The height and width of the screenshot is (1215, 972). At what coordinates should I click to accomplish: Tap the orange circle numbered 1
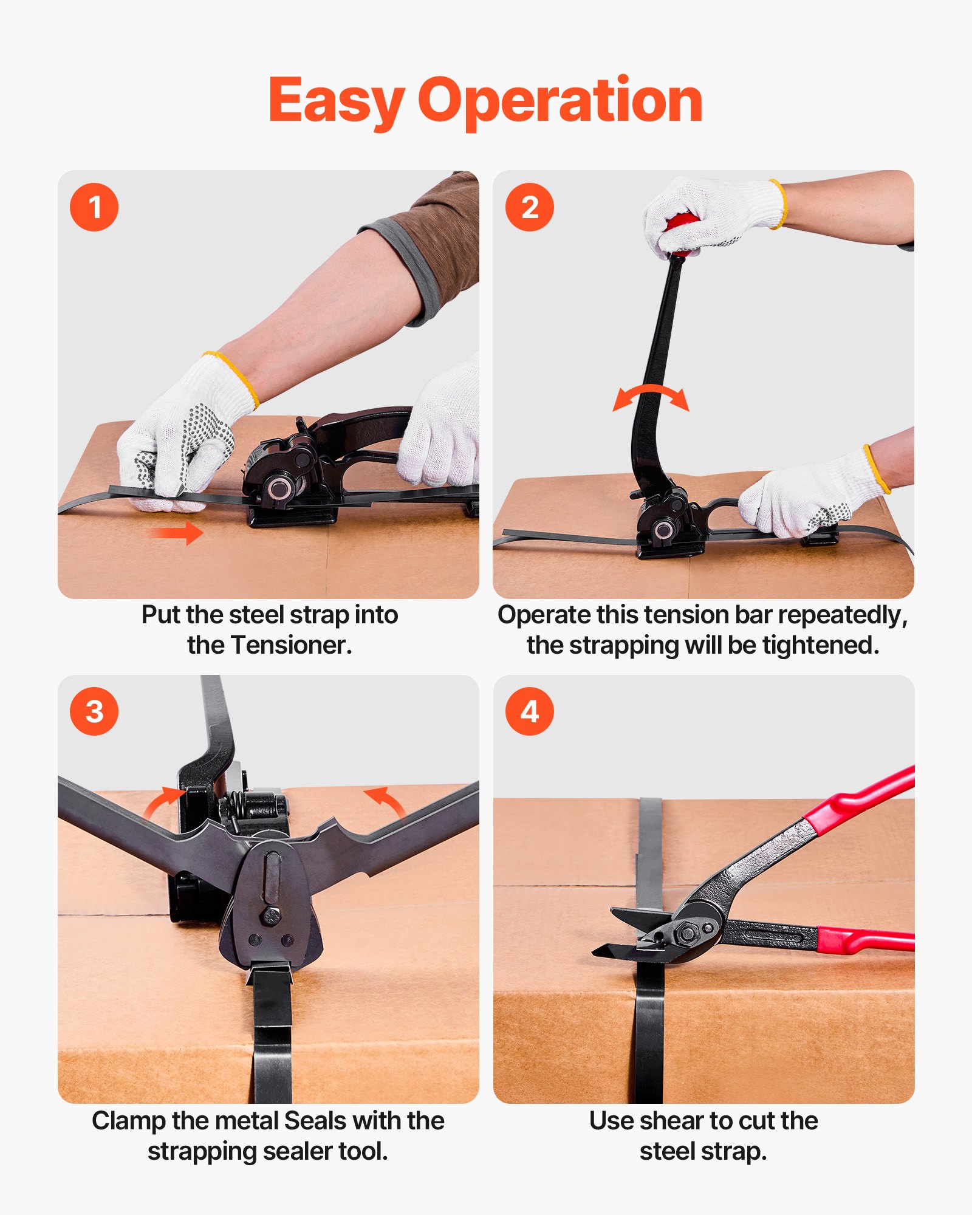pyautogui.click(x=94, y=207)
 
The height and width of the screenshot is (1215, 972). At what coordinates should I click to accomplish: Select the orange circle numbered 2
pyautogui.click(x=529, y=207)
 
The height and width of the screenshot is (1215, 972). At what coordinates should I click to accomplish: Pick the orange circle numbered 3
pyautogui.click(x=94, y=711)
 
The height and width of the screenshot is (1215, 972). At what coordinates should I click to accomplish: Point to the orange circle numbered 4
pyautogui.click(x=529, y=711)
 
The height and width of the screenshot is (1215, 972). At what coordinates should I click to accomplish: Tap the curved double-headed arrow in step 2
pyautogui.click(x=651, y=396)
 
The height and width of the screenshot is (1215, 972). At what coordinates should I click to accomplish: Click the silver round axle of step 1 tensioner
pyautogui.click(x=278, y=488)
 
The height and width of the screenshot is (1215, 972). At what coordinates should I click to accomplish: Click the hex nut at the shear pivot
pyautogui.click(x=687, y=932)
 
